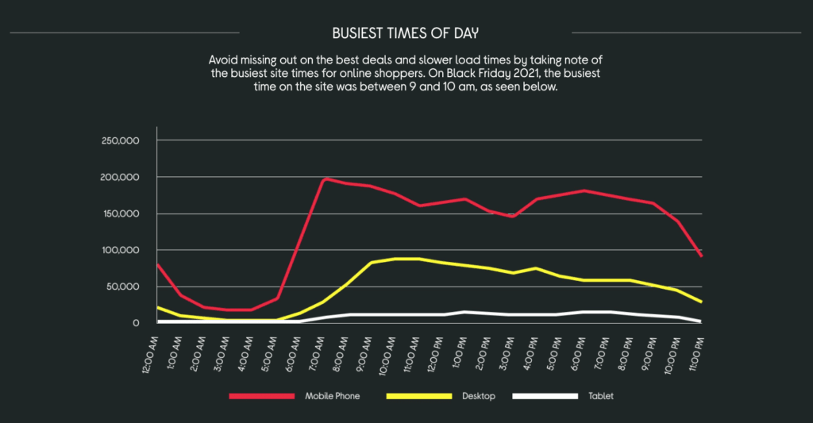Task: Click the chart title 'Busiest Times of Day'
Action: pos(406,33)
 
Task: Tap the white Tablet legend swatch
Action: pos(545,395)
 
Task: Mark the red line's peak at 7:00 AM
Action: pos(324,179)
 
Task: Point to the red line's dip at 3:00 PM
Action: pos(514,216)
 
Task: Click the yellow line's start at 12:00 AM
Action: pos(158,307)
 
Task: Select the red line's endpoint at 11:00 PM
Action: pos(702,256)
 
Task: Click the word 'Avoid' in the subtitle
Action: pos(225,60)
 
